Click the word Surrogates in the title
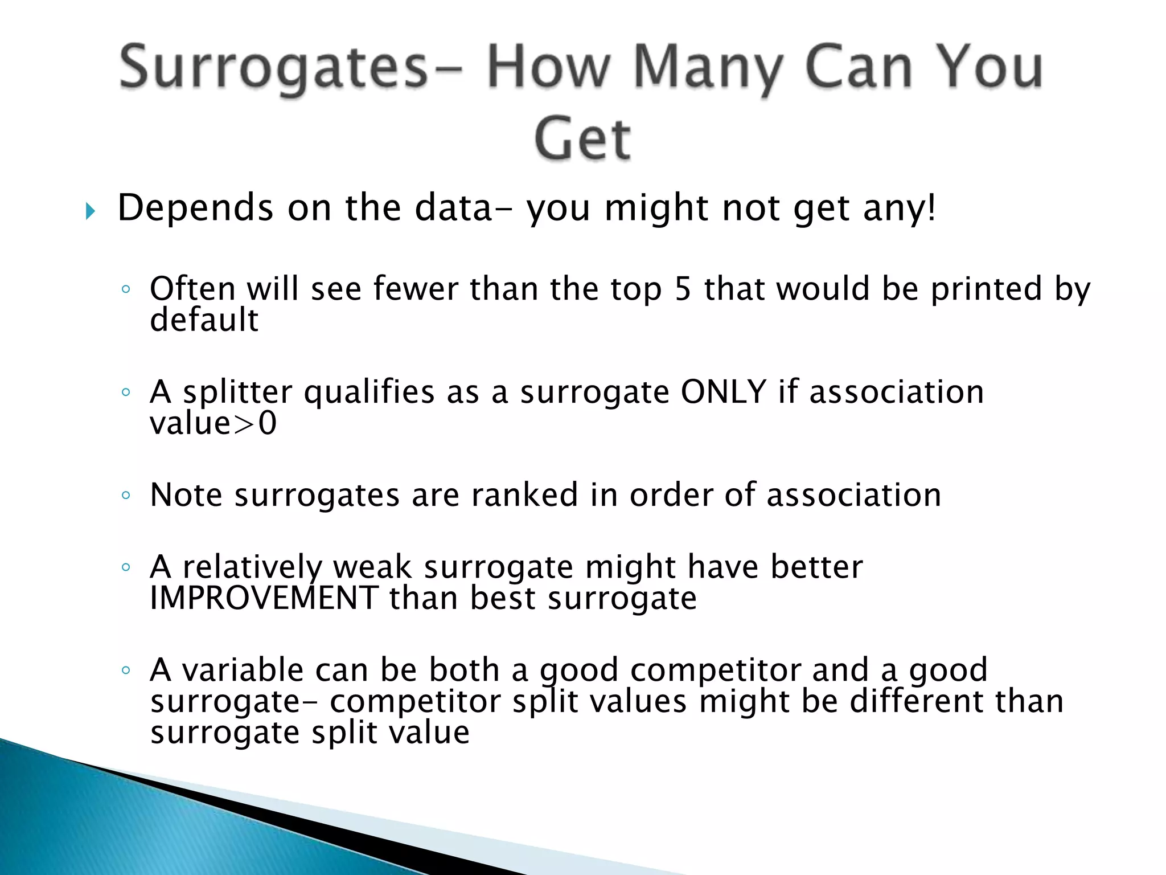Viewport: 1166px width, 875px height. tap(273, 68)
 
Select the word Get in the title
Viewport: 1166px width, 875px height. tap(582, 139)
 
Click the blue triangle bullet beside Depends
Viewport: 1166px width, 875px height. tap(90, 212)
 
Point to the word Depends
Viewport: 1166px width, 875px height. tap(195, 208)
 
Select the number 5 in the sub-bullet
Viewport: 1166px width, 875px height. tap(683, 289)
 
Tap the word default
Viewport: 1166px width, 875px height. tap(204, 320)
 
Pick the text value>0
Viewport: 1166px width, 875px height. tap(213, 424)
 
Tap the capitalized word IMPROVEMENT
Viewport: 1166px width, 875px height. tap(264, 598)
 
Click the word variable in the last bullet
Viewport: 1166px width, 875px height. tap(242, 670)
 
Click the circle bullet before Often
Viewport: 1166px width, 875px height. tap(126, 289)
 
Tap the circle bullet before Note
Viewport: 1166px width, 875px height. tap(126, 495)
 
